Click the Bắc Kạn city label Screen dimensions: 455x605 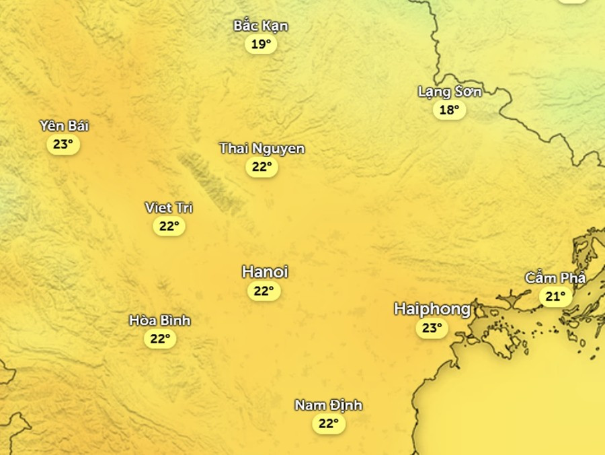click(261, 26)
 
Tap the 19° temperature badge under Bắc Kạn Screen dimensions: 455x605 click(261, 44)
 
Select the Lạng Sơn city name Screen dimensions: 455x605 click(450, 92)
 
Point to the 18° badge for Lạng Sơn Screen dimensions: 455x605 click(449, 110)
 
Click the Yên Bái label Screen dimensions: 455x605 click(64, 126)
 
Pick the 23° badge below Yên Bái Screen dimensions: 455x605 click(63, 144)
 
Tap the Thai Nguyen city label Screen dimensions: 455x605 click(261, 148)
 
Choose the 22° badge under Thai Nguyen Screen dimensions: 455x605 click(261, 167)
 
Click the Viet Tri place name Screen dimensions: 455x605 click(169, 207)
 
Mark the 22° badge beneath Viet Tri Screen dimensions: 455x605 click(169, 226)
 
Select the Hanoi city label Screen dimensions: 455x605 click(265, 272)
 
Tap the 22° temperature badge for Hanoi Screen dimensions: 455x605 click(264, 291)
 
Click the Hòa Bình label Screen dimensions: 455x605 click(160, 320)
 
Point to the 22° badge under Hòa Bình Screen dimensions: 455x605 click(160, 339)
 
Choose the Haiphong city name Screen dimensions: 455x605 click(432, 310)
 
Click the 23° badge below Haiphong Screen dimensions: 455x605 click(432, 328)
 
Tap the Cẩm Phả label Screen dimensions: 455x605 click(556, 278)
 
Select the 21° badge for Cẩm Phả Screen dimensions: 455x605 click(556, 296)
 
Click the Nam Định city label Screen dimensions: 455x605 click(329, 405)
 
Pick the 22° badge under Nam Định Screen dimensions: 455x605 click(329, 423)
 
